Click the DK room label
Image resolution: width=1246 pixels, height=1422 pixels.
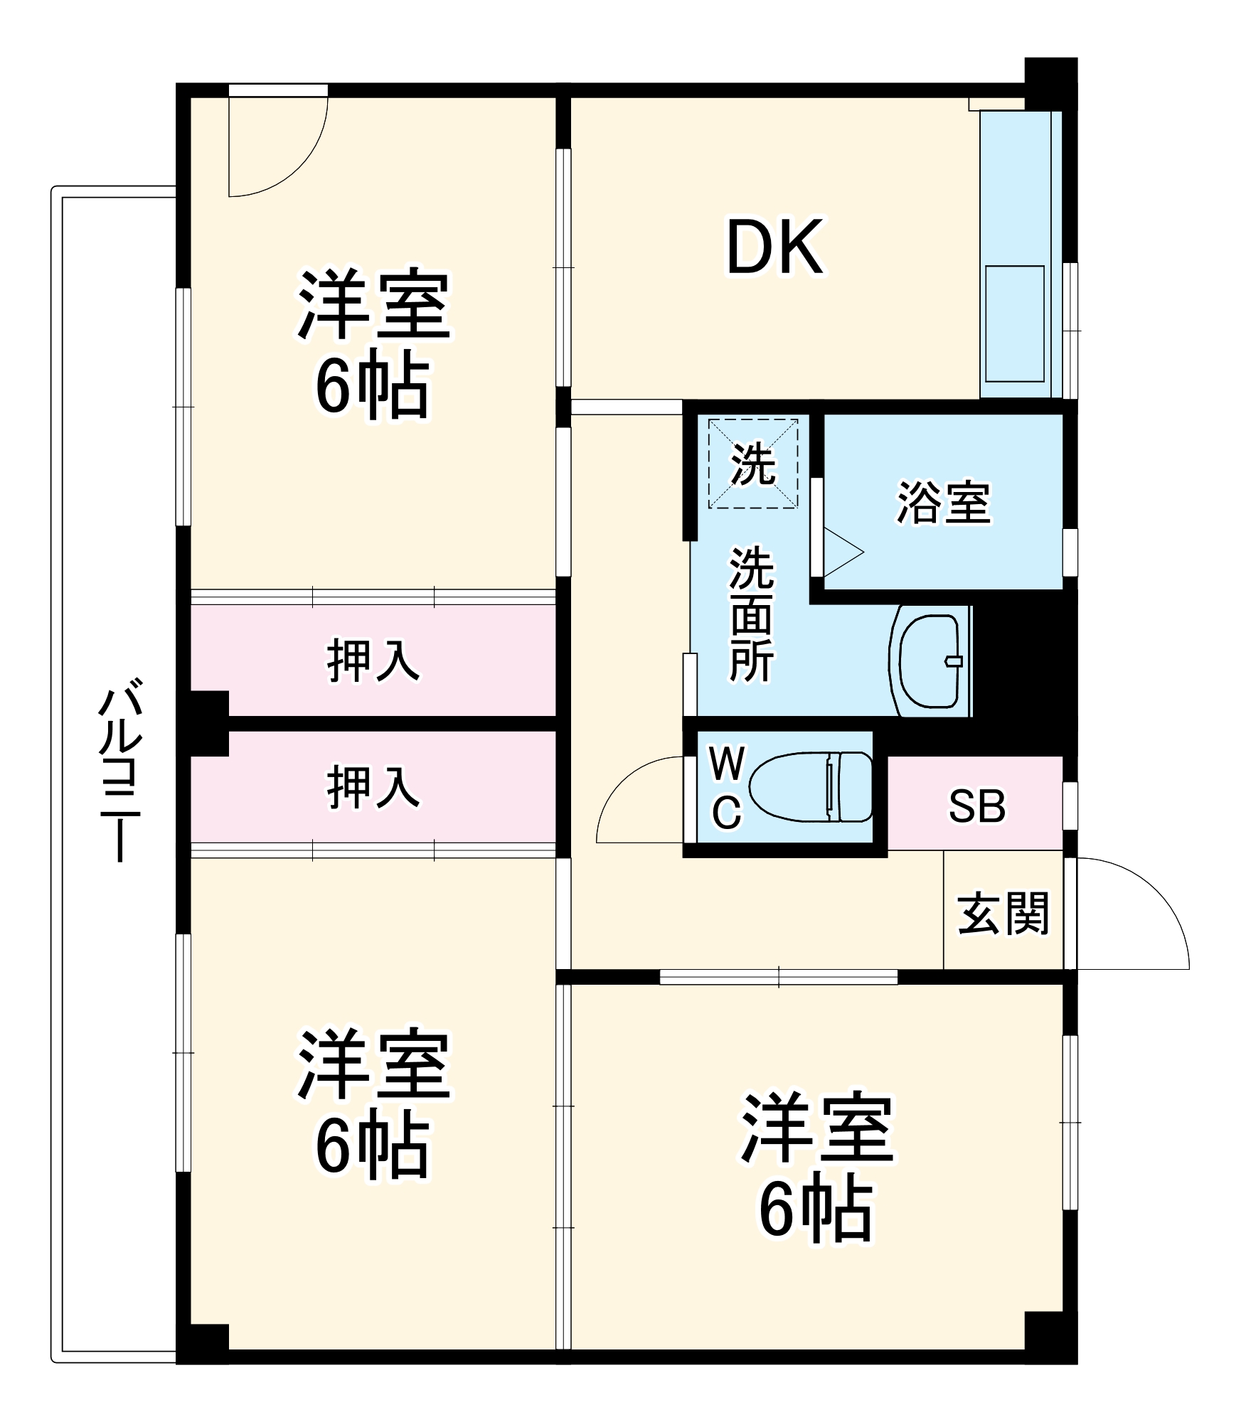click(775, 247)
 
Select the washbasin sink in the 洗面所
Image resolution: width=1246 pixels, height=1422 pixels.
click(930, 661)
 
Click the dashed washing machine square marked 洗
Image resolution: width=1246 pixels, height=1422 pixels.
click(752, 464)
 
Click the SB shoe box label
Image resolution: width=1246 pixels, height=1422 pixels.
click(977, 806)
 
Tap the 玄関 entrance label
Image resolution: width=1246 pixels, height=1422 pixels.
click(1003, 914)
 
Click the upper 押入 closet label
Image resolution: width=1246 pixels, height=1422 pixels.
click(373, 661)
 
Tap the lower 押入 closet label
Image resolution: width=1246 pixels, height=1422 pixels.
click(373, 787)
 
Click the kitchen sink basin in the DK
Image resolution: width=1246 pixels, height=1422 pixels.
click(1015, 324)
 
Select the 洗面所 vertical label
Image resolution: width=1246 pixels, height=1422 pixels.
click(751, 615)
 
